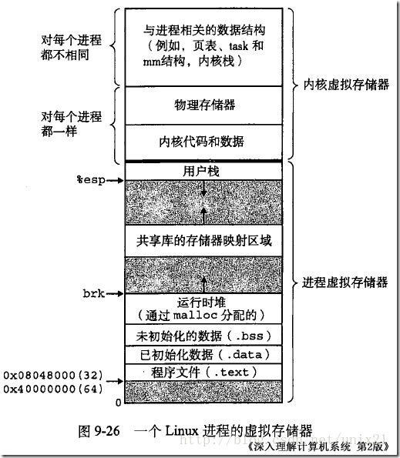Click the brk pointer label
92,293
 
